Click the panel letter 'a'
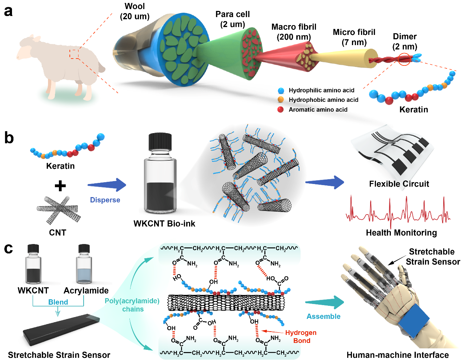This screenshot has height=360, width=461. [8, 11]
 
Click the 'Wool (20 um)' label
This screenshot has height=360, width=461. [135, 11]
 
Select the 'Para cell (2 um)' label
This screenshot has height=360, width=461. [232, 19]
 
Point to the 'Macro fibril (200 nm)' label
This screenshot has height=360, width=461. [294, 32]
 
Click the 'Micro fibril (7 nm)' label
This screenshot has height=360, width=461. [354, 37]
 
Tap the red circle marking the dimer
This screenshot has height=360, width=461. [404, 59]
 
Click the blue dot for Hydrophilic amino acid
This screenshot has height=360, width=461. [281, 91]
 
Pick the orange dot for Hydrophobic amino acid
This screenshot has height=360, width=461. [281, 100]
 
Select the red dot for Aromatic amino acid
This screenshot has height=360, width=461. [281, 109]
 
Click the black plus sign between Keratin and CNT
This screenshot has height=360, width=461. [60, 186]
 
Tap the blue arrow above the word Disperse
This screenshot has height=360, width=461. [107, 185]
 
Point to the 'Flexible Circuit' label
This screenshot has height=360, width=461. [399, 184]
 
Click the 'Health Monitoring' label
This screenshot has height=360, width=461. [401, 233]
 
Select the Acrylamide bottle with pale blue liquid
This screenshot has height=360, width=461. [84, 265]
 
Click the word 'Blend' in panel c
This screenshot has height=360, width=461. [58, 302]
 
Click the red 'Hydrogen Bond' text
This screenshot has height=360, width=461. [301, 337]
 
